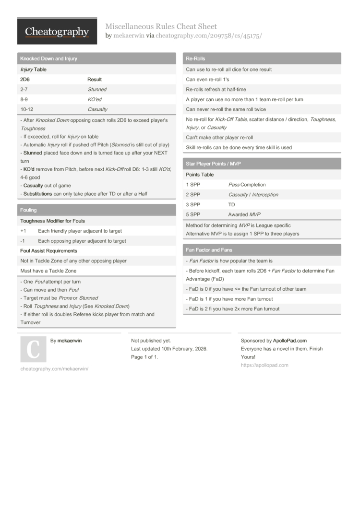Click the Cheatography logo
[57, 31]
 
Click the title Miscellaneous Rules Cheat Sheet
[161, 26]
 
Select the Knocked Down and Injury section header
[48, 59]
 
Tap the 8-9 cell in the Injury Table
[24, 99]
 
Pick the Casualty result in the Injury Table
[97, 109]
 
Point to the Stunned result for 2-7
[97, 89]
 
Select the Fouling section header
[28, 210]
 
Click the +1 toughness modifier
[23, 231]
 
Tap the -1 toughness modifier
[23, 241]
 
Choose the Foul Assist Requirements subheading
[48, 251]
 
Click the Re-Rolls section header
[195, 59]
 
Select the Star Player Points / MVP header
[213, 164]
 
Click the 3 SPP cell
[193, 204]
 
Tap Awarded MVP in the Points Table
[244, 214]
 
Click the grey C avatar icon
[33, 349]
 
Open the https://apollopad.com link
[264, 365]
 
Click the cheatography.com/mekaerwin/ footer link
[54, 368]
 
